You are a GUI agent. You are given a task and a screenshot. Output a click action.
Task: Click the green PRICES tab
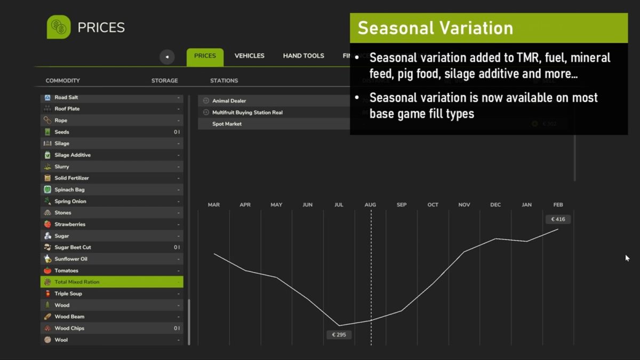click(205, 56)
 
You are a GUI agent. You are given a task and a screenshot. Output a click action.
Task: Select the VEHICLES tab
click(249, 56)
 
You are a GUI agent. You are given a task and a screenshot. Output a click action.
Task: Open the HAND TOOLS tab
click(303, 56)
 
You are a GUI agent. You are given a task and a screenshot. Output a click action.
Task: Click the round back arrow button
click(167, 57)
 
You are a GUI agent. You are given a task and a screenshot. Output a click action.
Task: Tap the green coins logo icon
click(59, 27)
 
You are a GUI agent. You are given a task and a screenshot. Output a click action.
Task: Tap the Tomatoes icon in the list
click(47, 271)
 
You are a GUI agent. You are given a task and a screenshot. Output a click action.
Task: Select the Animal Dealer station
click(229, 101)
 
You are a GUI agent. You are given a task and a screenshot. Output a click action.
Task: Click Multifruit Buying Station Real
click(247, 113)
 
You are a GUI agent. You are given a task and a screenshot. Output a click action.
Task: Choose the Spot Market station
click(227, 124)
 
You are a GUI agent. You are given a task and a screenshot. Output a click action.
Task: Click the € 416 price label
click(558, 219)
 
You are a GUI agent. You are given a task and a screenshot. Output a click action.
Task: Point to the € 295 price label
click(339, 335)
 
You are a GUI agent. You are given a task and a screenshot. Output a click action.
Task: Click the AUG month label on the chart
click(370, 205)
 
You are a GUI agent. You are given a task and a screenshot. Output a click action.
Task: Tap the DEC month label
click(495, 205)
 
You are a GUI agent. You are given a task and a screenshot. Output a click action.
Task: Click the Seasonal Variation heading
click(435, 28)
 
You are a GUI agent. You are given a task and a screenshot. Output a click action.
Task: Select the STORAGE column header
click(164, 81)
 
